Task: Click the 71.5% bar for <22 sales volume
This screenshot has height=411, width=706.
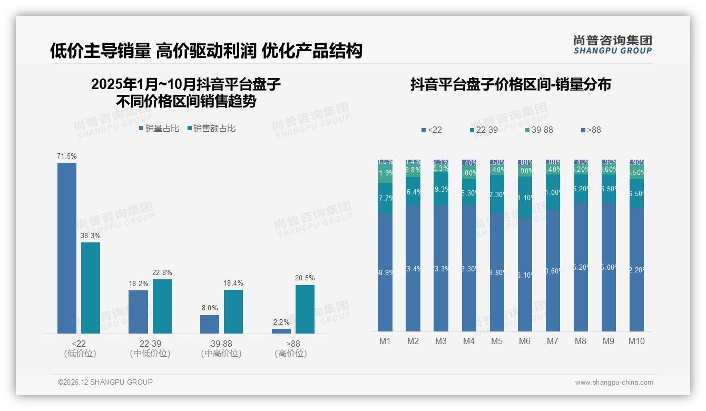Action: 67,248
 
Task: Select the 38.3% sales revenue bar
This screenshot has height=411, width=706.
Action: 91,288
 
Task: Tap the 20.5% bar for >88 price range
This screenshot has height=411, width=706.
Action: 305,309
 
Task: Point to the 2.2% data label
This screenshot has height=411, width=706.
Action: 281,322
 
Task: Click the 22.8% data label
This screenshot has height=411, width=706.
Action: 162,272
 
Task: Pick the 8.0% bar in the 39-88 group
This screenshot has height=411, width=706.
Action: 210,324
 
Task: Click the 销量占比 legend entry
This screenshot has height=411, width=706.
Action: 159,129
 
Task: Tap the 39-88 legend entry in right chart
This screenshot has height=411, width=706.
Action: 538,130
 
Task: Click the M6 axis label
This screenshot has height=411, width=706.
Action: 524,341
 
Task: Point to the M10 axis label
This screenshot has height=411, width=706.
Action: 636,341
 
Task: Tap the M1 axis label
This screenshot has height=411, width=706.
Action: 385,341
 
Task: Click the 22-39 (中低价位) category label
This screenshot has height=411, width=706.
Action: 150,348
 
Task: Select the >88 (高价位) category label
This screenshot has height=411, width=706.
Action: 290,348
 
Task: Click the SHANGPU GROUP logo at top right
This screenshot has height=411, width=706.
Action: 612,45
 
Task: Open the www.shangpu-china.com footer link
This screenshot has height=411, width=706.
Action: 614,383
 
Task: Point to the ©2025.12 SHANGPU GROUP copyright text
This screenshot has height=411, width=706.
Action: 105,382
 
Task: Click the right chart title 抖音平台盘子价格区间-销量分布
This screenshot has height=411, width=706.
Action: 511,85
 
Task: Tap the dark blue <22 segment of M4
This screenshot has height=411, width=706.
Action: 469,269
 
